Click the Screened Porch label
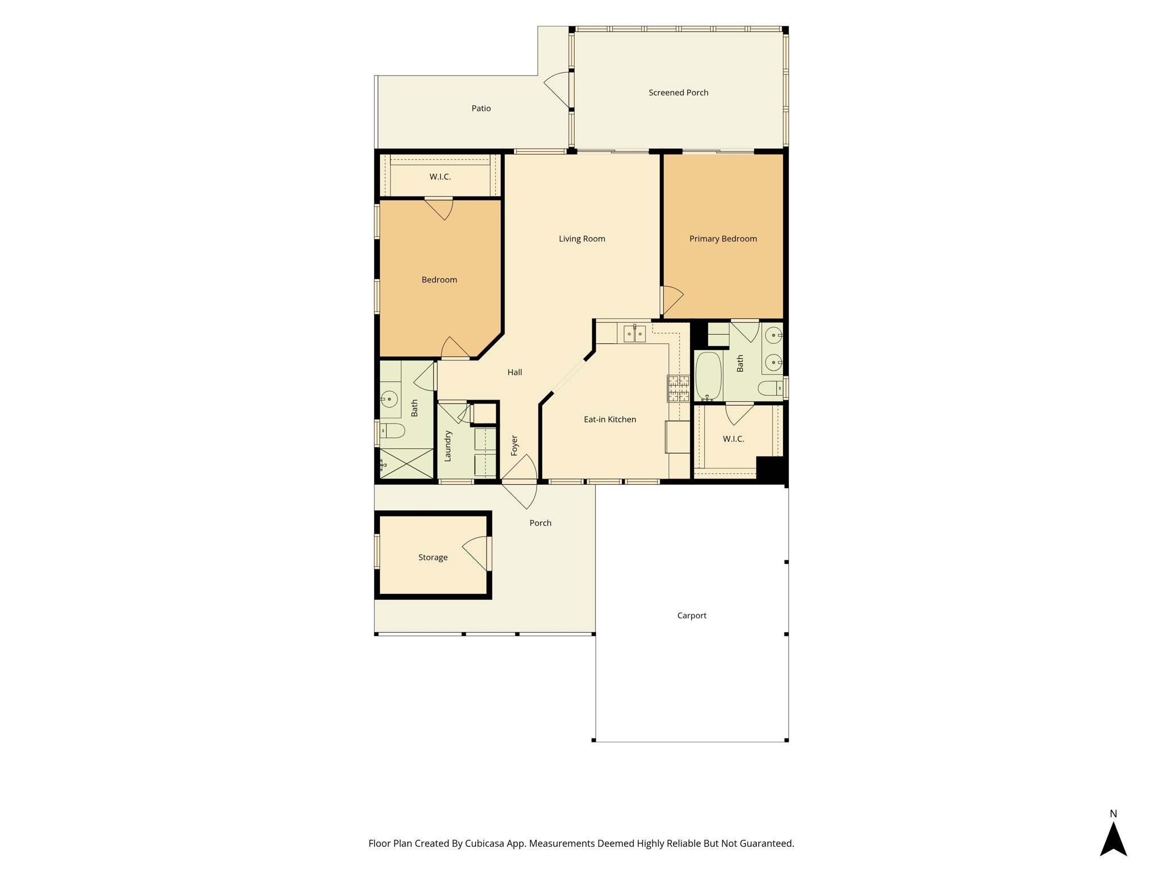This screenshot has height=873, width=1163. [x=678, y=93]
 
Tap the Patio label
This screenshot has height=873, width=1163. [x=481, y=108]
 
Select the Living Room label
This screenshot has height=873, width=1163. [x=581, y=239]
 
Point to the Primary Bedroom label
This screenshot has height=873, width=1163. [x=723, y=239]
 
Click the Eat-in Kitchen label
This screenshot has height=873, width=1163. [x=610, y=419]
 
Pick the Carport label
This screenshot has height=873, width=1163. [x=692, y=616]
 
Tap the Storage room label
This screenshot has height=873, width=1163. [x=433, y=558]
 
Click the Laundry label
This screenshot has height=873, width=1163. [x=447, y=446]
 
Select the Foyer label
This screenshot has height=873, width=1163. [x=514, y=446]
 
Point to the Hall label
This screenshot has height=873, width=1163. [x=514, y=372]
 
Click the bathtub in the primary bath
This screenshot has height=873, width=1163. [x=709, y=376]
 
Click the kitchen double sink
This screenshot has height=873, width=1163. [x=634, y=334]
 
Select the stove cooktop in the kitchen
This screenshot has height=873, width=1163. [x=678, y=389]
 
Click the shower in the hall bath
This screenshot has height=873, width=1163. [x=407, y=463]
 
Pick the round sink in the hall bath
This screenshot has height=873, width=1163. [x=389, y=399]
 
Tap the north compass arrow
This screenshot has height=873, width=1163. [x=1113, y=839]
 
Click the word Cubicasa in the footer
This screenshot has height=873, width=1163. [x=485, y=843]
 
